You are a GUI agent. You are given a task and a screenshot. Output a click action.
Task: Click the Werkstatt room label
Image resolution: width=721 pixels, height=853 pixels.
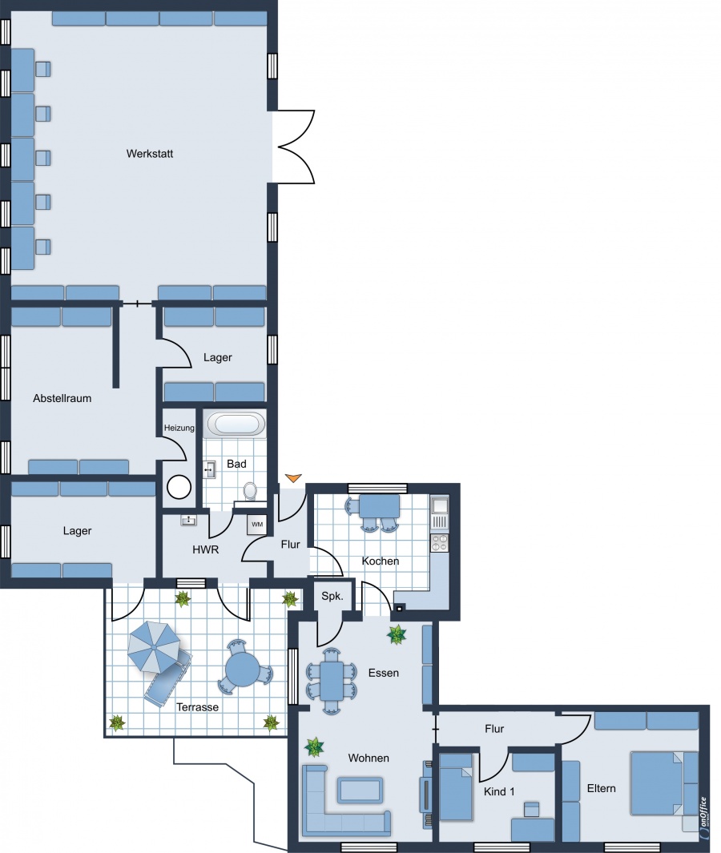click(x=150, y=154)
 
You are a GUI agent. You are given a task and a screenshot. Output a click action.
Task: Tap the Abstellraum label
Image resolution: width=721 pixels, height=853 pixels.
click(x=62, y=398)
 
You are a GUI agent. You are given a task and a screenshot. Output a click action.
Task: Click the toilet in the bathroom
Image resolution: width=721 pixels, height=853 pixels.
click(x=250, y=491)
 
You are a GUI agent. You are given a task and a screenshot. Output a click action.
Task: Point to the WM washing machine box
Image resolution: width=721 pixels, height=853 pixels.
click(x=257, y=525)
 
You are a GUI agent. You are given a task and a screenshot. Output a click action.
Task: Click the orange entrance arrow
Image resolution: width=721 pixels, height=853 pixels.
click(x=293, y=478)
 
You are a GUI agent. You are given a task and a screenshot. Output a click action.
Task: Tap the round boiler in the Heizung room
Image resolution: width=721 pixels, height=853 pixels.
click(x=179, y=487)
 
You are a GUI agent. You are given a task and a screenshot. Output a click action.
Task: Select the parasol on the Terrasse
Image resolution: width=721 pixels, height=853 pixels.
click(x=154, y=646)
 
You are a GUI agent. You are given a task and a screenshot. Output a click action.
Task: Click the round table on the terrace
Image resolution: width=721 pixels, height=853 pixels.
click(x=243, y=669)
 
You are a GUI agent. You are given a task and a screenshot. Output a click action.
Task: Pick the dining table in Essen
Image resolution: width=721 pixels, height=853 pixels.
click(x=332, y=681)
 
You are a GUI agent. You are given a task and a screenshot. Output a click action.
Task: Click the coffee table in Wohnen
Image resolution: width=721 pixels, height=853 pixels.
click(x=360, y=790)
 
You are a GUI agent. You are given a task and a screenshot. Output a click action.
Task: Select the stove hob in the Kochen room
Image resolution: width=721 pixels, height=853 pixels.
click(x=439, y=542)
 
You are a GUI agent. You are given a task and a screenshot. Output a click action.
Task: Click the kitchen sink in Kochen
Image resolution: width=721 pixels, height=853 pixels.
click(x=440, y=505)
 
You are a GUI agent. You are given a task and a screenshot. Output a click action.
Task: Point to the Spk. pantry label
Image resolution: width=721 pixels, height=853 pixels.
click(x=332, y=596)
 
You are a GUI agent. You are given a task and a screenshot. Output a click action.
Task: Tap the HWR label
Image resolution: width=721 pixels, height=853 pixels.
click(x=206, y=550)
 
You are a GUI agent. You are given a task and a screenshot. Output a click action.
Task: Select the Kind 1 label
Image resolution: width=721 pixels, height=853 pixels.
click(x=499, y=791)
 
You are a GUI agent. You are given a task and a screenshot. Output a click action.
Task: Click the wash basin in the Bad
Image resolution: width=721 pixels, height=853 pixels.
click(x=210, y=469)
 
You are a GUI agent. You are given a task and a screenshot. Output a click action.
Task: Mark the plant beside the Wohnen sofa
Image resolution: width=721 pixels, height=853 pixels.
click(x=314, y=747)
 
